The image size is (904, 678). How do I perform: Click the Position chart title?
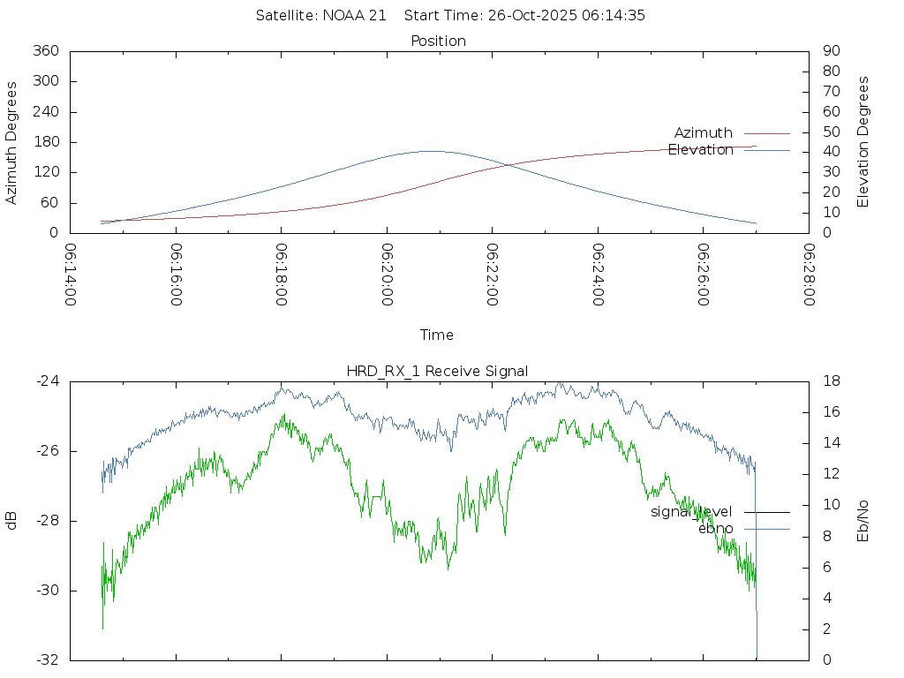[438, 41]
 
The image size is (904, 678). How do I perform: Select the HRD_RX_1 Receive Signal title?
[438, 371]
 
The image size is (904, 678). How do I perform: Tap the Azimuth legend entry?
[704, 132]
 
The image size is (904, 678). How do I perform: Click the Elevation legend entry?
[701, 150]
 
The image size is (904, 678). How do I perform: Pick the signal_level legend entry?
[691, 511]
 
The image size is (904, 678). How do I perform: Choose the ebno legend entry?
[715, 528]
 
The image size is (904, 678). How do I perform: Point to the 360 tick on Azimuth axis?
[44, 51]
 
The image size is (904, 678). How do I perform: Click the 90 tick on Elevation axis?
[830, 51]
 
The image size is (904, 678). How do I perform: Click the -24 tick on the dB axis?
[47, 381]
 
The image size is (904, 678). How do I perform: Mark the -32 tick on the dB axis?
[47, 659]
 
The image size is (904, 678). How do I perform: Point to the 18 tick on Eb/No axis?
[830, 381]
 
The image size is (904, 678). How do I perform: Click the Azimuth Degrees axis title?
[12, 142]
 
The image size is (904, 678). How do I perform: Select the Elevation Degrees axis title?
[863, 142]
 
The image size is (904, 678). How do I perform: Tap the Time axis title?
[437, 335]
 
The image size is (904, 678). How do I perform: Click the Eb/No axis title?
[863, 521]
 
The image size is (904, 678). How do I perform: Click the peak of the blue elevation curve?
[432, 151]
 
